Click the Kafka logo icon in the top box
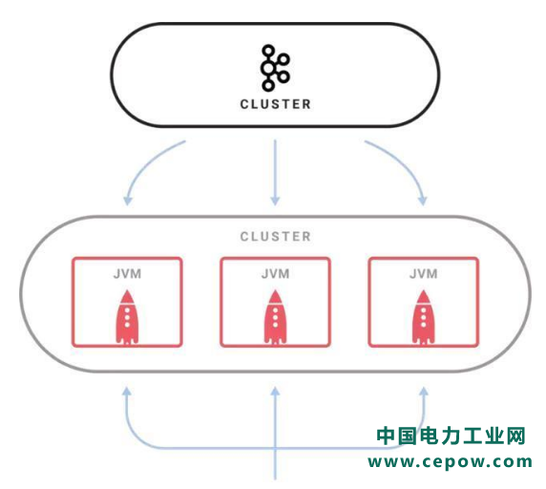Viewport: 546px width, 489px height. [x=275, y=68]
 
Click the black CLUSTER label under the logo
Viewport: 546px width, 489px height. [x=275, y=104]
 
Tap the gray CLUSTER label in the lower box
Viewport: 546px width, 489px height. [x=275, y=237]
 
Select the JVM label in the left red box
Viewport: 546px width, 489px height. [x=127, y=274]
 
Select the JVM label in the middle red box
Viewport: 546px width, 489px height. [x=275, y=274]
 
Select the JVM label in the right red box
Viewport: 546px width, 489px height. [x=423, y=274]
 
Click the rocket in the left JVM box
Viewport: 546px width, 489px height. [x=127, y=317]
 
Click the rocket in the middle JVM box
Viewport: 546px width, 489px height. [x=275, y=317]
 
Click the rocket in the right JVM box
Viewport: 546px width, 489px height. [x=423, y=317]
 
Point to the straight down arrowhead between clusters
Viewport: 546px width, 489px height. [x=275, y=201]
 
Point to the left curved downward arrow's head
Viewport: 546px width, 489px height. [x=128, y=201]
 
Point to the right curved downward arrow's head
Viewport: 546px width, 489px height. [x=422, y=201]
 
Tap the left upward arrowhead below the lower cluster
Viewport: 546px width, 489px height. [x=127, y=392]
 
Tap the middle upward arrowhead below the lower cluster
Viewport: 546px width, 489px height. [x=275, y=392]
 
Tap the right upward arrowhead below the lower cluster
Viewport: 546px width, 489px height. [x=424, y=392]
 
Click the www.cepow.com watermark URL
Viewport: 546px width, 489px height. [x=450, y=462]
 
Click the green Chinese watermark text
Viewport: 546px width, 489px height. [x=451, y=436]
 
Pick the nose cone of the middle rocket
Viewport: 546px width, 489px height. [x=275, y=296]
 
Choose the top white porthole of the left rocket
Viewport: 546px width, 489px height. [x=127, y=310]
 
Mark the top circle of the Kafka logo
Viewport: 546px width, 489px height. [x=268, y=51]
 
